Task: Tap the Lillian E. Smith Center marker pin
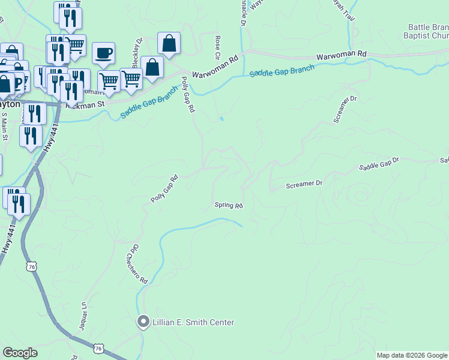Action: coord(143,322)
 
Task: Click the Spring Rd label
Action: coord(229,206)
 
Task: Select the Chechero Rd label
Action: coord(136,264)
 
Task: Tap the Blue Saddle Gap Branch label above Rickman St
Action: coord(149,103)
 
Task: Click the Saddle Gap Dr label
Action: coord(379,164)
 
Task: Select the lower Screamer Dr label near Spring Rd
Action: coord(304,184)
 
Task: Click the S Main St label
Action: coord(4,126)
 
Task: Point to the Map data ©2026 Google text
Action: coord(412,355)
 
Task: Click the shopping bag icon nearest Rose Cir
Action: coord(169,43)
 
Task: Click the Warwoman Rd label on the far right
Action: coord(341,54)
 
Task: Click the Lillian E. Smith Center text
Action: coord(193,322)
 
